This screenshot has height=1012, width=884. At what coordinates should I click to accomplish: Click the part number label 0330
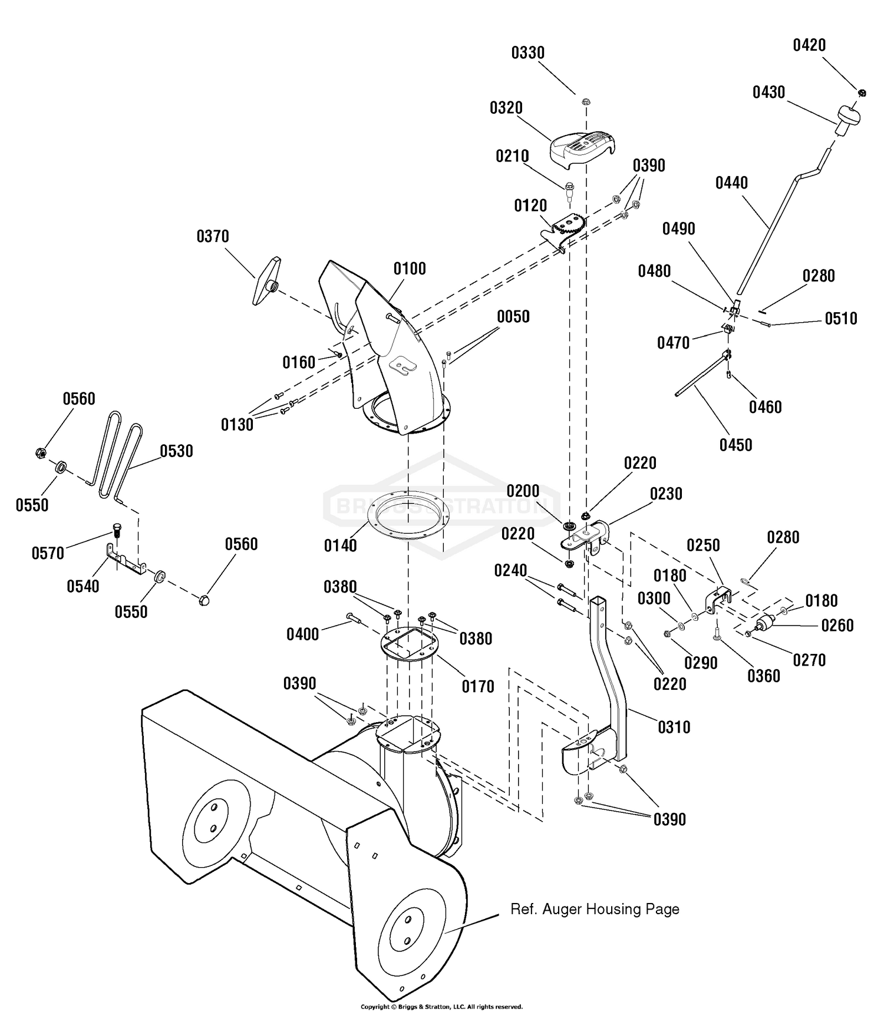[x=527, y=53]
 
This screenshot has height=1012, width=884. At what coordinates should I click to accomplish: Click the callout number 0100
[x=410, y=269]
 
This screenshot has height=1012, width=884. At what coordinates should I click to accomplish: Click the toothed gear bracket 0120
[x=564, y=233]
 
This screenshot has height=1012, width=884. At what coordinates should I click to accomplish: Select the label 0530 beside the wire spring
[x=176, y=451]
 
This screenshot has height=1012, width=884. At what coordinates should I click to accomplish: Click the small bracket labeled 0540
[x=126, y=560]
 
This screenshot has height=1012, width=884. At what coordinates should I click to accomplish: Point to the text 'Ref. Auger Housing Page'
[x=595, y=909]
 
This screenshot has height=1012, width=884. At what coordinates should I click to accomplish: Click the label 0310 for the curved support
[x=674, y=727]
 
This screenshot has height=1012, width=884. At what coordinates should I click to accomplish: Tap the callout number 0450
[x=735, y=444]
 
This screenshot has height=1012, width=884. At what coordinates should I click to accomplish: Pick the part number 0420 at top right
[x=809, y=45]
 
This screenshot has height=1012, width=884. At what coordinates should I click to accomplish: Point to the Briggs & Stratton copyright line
[x=441, y=1007]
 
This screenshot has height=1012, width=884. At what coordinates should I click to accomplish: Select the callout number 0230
[x=666, y=494]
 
